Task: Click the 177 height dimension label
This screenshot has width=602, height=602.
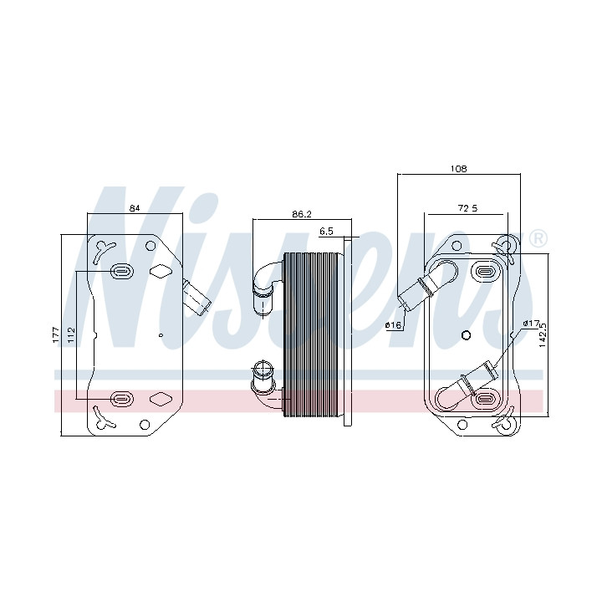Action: tap(56, 334)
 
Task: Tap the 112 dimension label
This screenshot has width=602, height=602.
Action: tap(71, 334)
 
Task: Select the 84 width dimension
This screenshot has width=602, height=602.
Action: tap(135, 208)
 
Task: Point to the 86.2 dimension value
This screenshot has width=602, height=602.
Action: tap(301, 214)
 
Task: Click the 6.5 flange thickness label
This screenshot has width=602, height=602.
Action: tap(326, 231)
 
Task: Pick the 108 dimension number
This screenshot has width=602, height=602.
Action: tap(458, 169)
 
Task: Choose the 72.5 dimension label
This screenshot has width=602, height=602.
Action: tap(467, 208)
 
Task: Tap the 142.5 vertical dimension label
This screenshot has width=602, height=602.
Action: tap(543, 334)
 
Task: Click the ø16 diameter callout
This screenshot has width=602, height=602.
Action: tap(393, 325)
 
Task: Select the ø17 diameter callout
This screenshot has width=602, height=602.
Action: tap(531, 324)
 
